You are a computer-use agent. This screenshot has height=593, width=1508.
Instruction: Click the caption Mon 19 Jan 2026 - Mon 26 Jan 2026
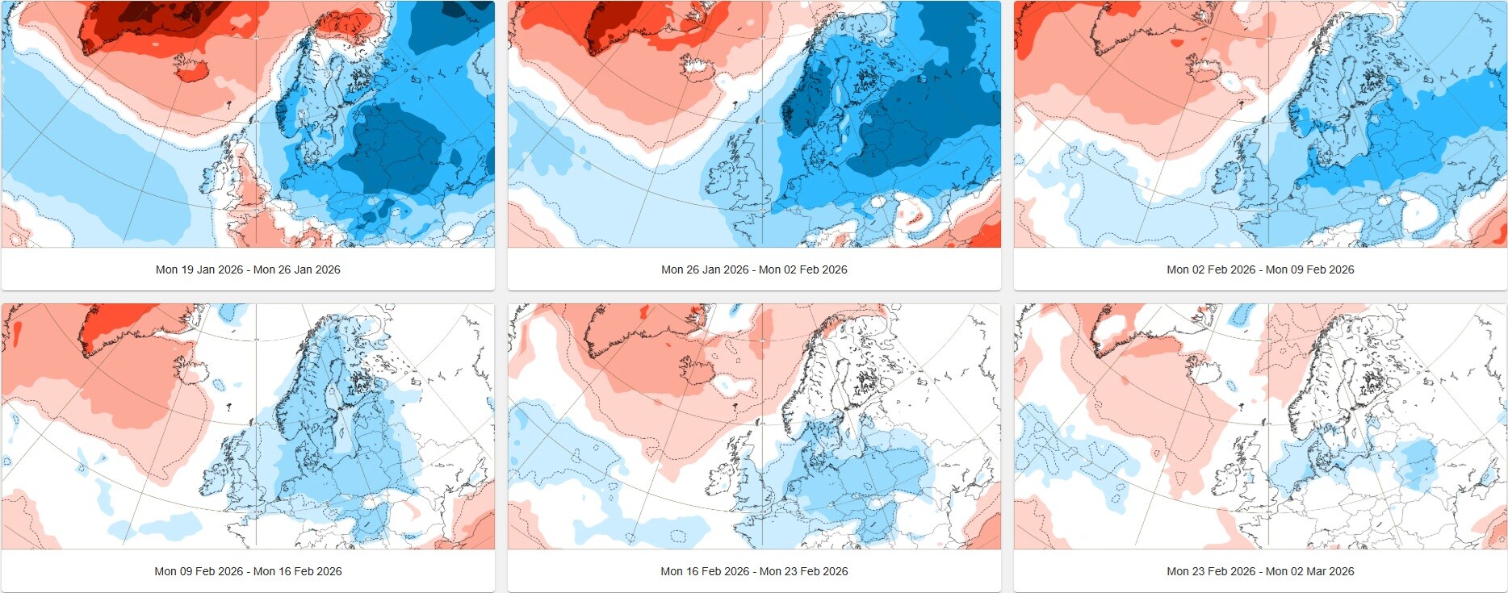248,269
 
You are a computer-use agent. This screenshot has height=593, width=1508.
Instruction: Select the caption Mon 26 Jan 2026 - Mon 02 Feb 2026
754,269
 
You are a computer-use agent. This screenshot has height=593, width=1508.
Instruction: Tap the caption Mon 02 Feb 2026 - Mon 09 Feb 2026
1260,269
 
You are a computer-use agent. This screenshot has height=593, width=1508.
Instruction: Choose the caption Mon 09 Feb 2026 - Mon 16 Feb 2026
248,571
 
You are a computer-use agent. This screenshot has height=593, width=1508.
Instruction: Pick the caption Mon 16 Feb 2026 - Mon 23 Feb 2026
754,571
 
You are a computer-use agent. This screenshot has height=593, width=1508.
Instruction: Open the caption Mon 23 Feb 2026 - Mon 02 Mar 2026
1260,571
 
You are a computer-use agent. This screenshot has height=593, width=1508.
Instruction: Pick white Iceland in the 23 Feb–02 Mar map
1205,373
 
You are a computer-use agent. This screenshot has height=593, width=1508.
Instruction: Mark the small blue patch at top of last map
1248,311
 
